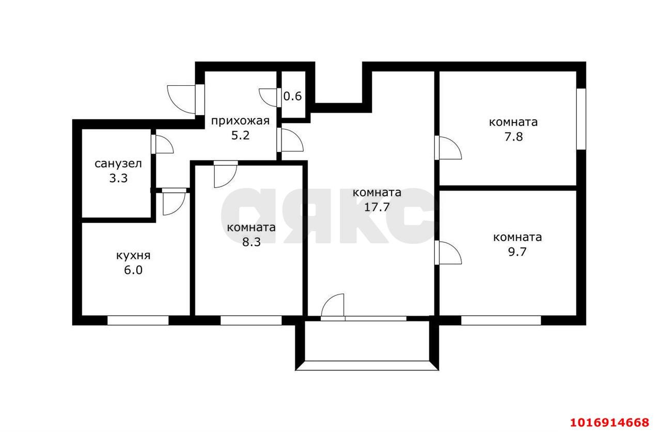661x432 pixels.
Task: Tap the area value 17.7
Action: pyautogui.click(x=377, y=207)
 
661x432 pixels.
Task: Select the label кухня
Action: pyautogui.click(x=133, y=255)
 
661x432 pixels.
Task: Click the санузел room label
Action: pyautogui.click(x=118, y=164)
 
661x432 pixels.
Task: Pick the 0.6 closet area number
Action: pyautogui.click(x=293, y=96)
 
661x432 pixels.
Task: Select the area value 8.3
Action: pyautogui.click(x=251, y=242)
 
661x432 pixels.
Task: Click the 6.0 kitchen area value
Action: pyautogui.click(x=133, y=270)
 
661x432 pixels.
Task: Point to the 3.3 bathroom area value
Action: pyautogui.click(x=118, y=179)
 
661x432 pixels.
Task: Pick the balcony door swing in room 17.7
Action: pyautogui.click(x=333, y=306)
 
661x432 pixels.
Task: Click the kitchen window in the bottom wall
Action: pyautogui.click(x=138, y=320)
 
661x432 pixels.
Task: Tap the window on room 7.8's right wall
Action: pyautogui.click(x=581, y=119)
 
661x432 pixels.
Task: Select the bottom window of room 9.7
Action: pyautogui.click(x=500, y=320)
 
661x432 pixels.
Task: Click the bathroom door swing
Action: pyautogui.click(x=164, y=145)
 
